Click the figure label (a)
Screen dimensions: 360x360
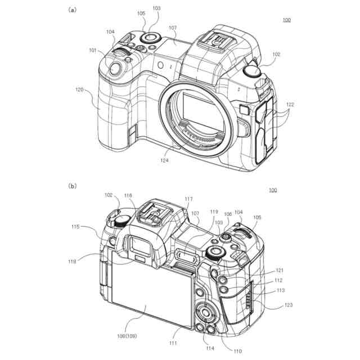pyautogui.click(x=73, y=10)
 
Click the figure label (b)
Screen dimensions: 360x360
pyautogui.click(x=73, y=186)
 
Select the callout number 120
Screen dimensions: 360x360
pyautogui.click(x=79, y=89)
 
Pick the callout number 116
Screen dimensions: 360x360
pyautogui.click(x=128, y=195)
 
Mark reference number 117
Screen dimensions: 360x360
pyautogui.click(x=188, y=199)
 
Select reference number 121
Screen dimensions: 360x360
pyautogui.click(x=279, y=271)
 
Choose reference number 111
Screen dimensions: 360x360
pyautogui.click(x=173, y=343)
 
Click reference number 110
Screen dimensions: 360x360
pyautogui.click(x=237, y=351)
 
